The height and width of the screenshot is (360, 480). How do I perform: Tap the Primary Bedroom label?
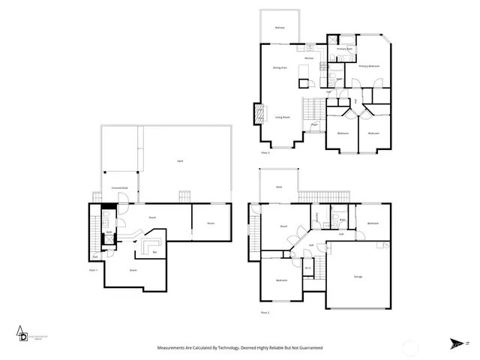point(368,66)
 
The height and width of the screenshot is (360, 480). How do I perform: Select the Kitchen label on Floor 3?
point(308,58)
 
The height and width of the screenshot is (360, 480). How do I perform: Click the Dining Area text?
point(280,67)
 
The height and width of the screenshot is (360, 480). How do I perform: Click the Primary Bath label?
point(343,49)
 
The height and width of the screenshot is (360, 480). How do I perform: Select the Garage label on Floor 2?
point(358,277)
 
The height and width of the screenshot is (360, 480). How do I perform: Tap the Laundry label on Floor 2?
point(318,217)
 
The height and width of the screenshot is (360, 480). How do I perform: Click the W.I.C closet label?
point(308,268)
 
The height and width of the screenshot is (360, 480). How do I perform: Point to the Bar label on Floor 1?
point(155,252)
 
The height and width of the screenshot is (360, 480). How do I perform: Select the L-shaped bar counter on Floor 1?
point(151,248)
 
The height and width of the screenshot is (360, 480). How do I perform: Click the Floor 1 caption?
point(94,269)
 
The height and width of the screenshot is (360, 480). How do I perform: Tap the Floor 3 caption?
point(265,152)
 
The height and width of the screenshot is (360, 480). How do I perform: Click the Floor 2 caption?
point(265,312)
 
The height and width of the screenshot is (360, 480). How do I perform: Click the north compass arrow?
point(457,344)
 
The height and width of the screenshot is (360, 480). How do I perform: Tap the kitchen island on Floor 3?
point(304,72)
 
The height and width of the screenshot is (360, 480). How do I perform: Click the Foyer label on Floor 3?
point(314,124)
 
